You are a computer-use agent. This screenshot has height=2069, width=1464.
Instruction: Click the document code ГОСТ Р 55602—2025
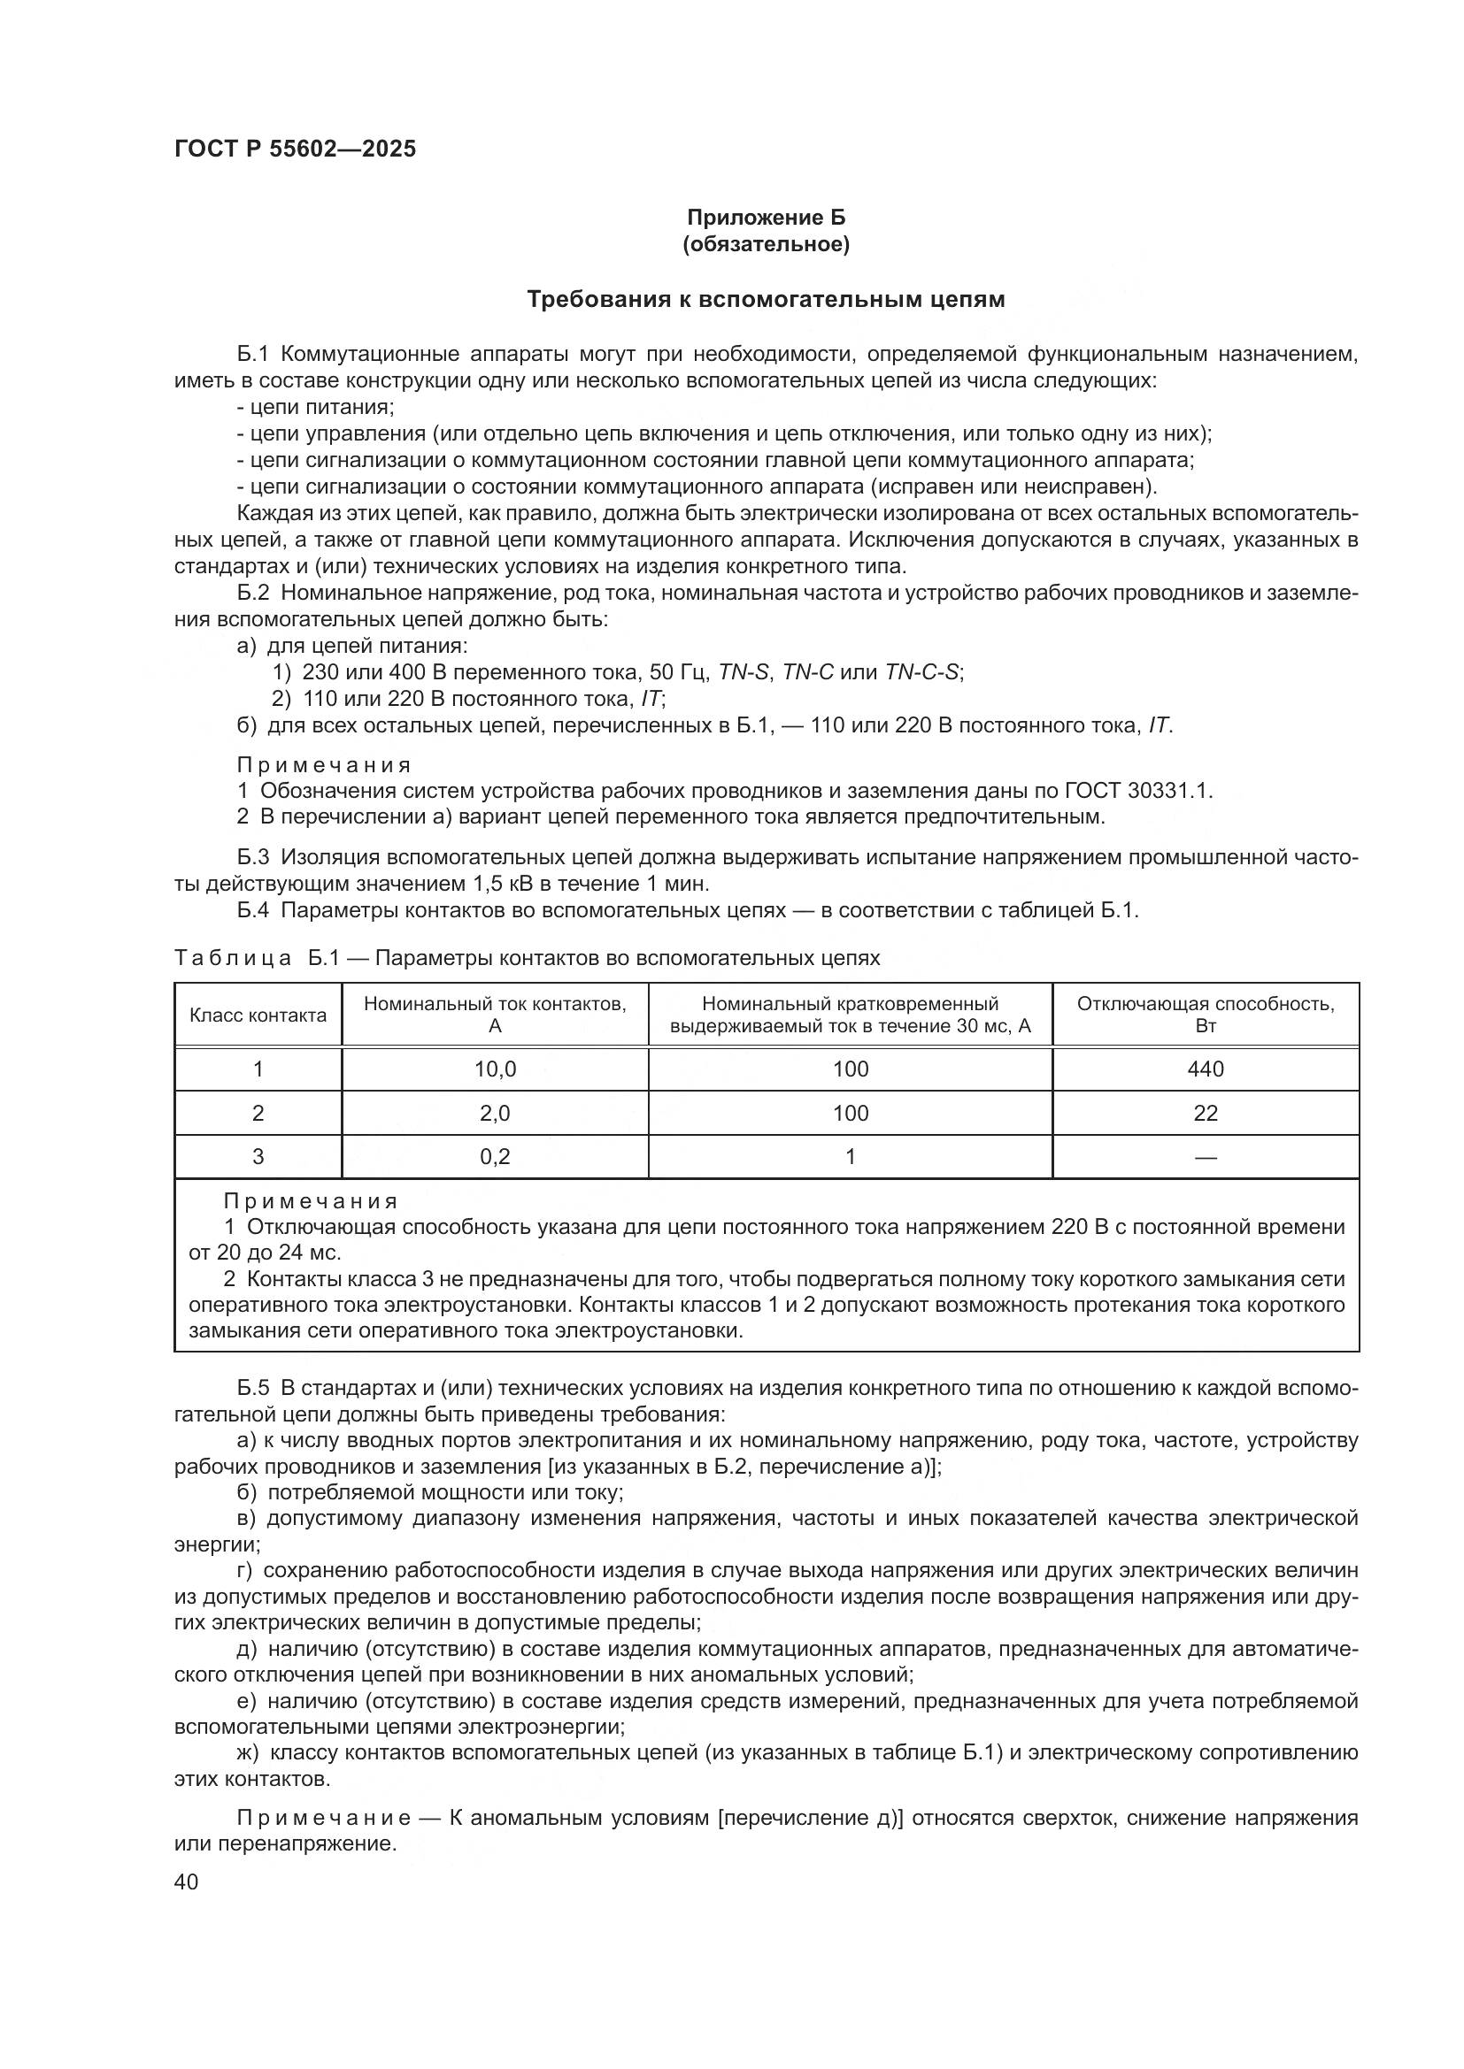point(295,149)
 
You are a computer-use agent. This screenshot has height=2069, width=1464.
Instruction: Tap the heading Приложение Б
point(767,218)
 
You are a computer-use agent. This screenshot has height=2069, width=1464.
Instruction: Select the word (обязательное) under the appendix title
point(767,244)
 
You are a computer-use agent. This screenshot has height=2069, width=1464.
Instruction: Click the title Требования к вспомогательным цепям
point(766,299)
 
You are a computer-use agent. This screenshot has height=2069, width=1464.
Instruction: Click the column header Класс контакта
point(258,1015)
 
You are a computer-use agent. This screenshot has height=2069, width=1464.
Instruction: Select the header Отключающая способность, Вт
point(1206,1015)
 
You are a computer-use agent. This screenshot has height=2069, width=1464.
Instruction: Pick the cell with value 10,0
point(495,1069)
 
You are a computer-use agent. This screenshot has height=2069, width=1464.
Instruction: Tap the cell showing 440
point(1206,1069)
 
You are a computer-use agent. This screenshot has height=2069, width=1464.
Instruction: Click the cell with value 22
point(1206,1114)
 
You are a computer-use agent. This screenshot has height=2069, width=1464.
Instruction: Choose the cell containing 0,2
point(495,1157)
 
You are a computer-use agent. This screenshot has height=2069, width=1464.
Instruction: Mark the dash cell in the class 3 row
point(1206,1157)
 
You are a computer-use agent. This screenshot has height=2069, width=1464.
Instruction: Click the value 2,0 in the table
point(495,1114)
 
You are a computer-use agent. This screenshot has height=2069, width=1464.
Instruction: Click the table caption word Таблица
point(233,958)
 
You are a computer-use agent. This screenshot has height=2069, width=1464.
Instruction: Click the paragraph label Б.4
point(253,910)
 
